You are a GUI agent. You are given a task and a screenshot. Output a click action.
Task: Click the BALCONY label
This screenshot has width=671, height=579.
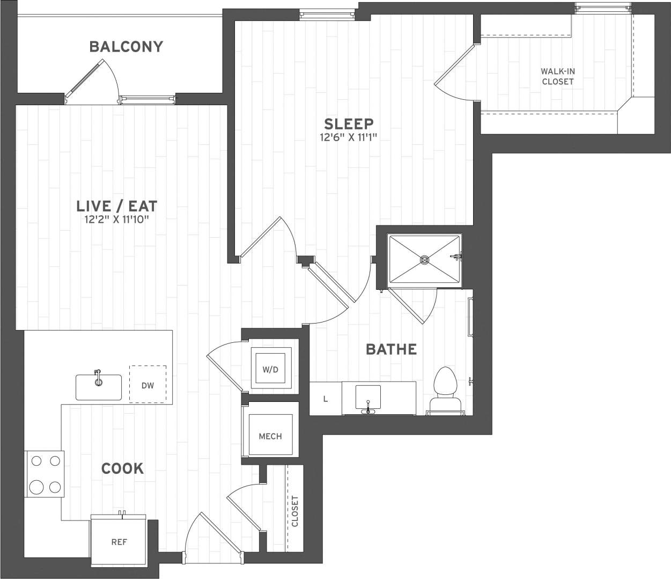click(x=126, y=47)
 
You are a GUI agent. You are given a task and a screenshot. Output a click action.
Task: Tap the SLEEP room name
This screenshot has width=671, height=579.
click(x=349, y=124)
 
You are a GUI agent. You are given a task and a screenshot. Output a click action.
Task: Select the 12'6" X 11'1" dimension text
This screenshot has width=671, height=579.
click(x=349, y=137)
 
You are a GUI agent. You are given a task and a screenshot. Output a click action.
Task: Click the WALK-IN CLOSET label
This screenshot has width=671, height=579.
click(x=557, y=76)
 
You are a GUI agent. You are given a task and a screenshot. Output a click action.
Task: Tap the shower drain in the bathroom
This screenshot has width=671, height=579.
click(x=424, y=260)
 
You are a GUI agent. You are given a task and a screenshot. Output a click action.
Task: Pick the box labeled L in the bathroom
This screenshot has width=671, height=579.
click(x=326, y=399)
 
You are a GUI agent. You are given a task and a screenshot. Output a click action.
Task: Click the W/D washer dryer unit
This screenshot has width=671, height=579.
click(x=270, y=369)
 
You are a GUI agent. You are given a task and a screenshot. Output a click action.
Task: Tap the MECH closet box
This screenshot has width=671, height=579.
click(x=270, y=436)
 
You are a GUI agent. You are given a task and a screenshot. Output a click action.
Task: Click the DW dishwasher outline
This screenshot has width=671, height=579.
click(x=148, y=385)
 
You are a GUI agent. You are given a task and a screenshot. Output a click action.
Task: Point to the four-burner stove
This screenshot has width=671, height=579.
click(x=45, y=474)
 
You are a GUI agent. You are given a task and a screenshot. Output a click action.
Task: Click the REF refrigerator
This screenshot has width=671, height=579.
click(x=119, y=541)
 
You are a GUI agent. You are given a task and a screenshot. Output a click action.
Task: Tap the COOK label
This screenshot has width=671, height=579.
click(x=122, y=468)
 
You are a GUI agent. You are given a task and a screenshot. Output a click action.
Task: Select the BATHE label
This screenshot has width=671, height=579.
click(x=391, y=349)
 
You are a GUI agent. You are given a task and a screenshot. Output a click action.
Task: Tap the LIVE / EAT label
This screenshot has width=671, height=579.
click(x=116, y=206)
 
